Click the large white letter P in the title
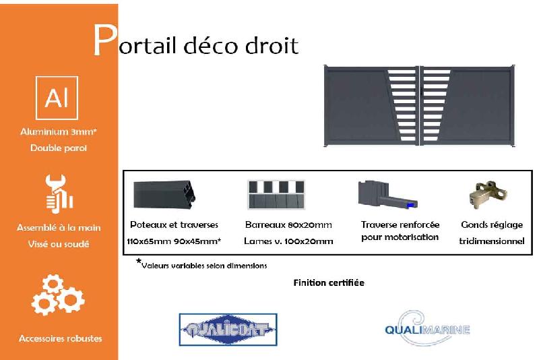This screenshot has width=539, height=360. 105,41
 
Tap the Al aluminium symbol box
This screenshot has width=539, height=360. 57,98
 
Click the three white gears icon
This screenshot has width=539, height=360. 58,295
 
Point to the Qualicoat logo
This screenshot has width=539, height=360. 228,330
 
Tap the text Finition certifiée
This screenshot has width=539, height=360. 329,282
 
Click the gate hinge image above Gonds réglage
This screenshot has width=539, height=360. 487,195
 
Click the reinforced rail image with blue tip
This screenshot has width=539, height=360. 387,195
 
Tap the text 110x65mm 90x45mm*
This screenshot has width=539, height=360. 174,241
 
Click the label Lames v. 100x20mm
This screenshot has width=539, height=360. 289,241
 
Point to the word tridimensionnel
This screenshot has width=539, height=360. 492,241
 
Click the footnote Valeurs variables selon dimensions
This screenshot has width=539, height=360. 204,265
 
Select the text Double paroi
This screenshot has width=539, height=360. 59,148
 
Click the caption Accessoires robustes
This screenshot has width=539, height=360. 61,338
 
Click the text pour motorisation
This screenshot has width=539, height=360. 400,237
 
